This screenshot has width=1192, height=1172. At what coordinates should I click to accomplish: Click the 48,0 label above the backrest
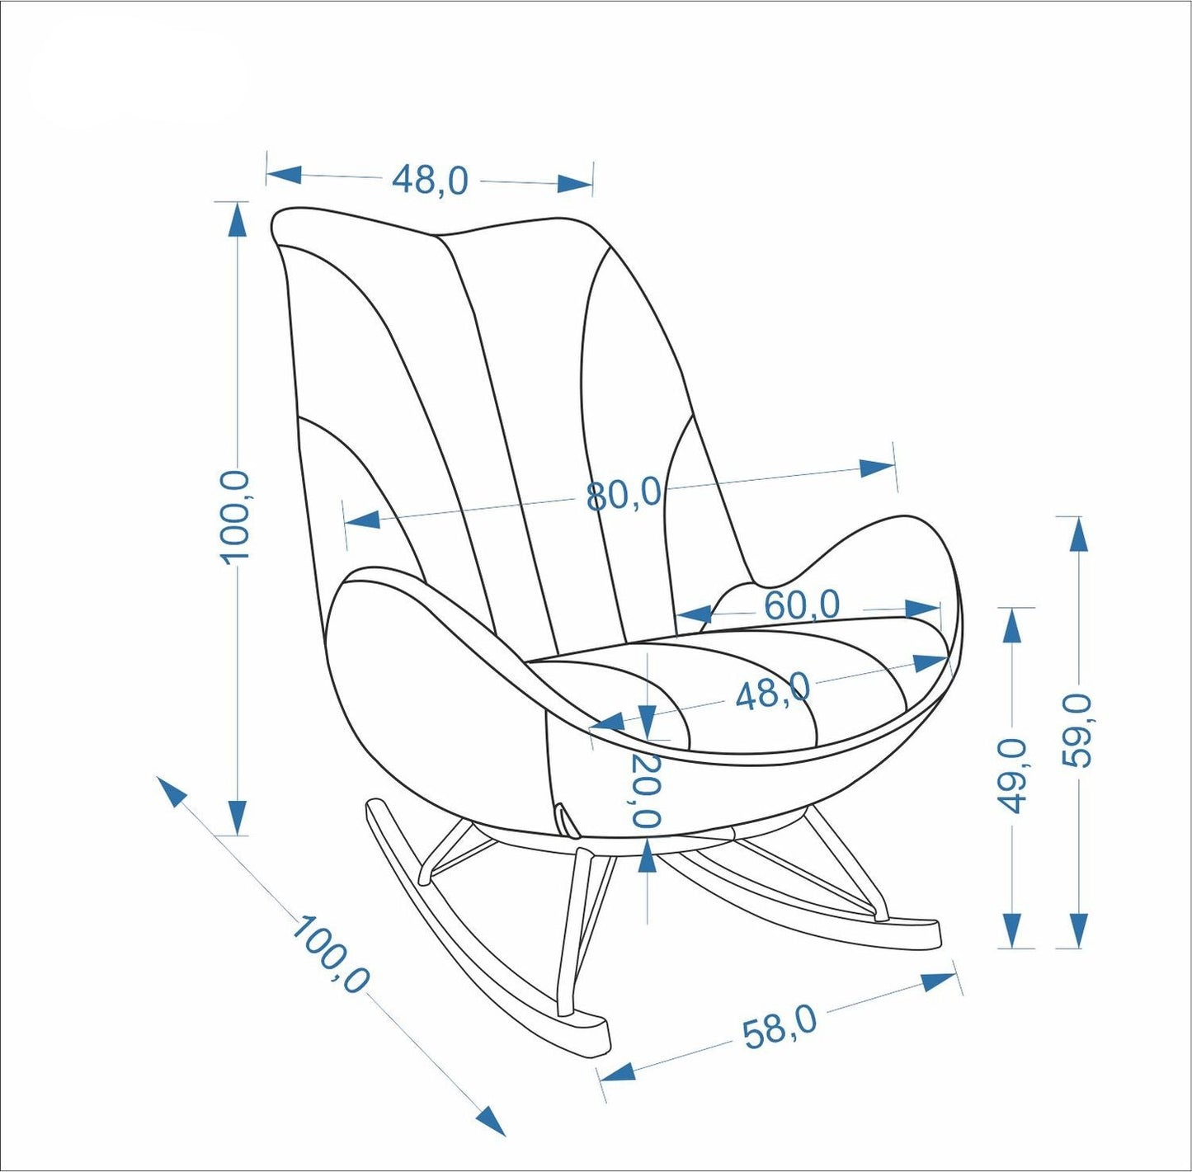[430, 179]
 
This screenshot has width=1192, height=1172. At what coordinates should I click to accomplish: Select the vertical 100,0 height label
[236, 516]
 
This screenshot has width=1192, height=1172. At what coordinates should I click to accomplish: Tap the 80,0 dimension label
[624, 495]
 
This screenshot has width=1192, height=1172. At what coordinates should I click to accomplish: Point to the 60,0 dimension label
[801, 605]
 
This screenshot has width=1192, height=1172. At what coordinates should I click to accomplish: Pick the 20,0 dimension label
[647, 789]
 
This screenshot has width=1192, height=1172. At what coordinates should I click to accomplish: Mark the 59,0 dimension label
[1077, 731]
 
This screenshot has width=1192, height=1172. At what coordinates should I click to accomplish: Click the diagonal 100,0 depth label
[330, 954]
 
